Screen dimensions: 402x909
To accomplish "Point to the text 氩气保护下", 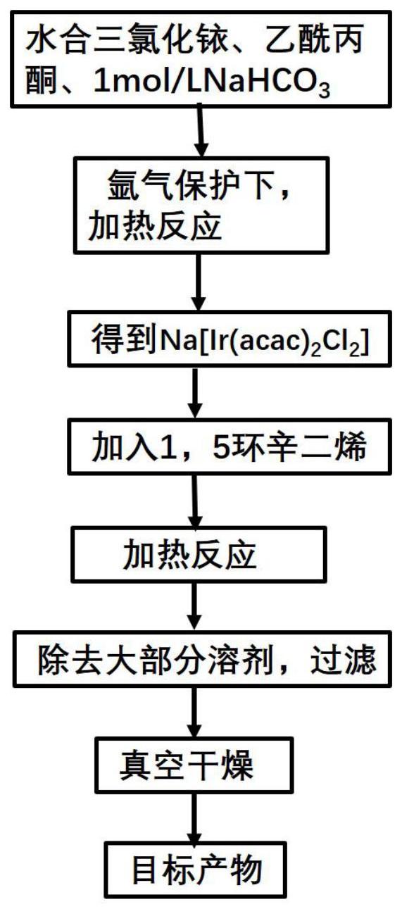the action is click(x=191, y=187).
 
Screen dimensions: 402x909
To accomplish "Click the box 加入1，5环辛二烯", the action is click(x=230, y=447).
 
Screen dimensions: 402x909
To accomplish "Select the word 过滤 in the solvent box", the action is click(x=344, y=660).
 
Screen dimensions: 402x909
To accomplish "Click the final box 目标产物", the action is click(x=196, y=870).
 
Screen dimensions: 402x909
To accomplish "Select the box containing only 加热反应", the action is click(x=199, y=554).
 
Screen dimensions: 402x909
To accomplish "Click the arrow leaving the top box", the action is click(x=200, y=130).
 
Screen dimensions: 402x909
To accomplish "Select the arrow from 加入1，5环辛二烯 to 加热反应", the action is click(x=196, y=501).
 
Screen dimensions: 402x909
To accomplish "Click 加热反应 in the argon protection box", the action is click(x=155, y=226).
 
